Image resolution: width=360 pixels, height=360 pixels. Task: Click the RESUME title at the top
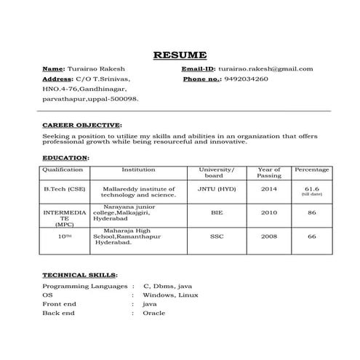tap(180, 55)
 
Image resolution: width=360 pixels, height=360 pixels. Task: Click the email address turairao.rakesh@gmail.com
tap(265, 68)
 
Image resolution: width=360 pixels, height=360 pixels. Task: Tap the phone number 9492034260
tap(246, 79)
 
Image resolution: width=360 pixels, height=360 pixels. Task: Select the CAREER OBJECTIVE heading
tap(82, 124)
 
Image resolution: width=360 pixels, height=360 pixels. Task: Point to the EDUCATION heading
tap(65, 157)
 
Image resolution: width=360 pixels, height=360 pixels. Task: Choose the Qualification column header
tap(63, 169)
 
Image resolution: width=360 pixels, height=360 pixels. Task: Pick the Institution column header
tap(138, 169)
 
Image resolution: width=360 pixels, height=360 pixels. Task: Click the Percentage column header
tap(311, 169)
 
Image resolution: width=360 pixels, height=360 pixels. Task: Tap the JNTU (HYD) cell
tap(217, 189)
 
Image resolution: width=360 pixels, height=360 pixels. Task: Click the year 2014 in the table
tap(269, 189)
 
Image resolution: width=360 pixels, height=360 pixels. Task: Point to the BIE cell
tap(217, 212)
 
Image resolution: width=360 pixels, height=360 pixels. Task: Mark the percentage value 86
tap(311, 212)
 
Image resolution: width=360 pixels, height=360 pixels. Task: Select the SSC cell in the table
tap(217, 236)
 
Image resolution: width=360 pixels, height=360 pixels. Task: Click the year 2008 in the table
tap(269, 236)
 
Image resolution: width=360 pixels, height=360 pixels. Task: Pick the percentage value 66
tap(311, 236)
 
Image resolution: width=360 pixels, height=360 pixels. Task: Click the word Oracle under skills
tap(153, 313)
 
